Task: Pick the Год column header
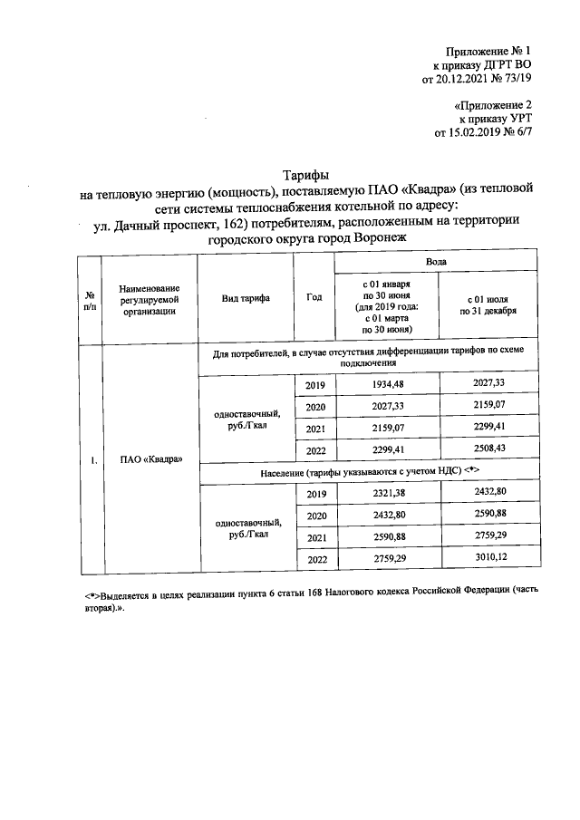tap(314, 297)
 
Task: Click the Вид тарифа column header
tap(245, 297)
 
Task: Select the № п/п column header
tap(90, 297)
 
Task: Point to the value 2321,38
tap(386, 494)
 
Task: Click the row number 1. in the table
tap(92, 460)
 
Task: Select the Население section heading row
tap(368, 472)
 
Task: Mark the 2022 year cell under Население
tap(315, 561)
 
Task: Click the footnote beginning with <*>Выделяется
tap(299, 603)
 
